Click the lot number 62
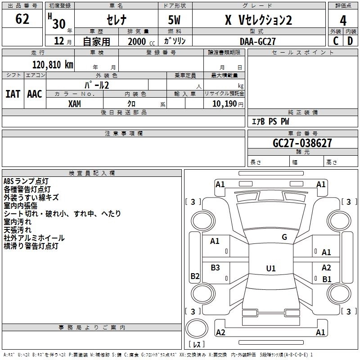click(x=22, y=20)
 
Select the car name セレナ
click(x=116, y=20)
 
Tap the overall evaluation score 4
click(x=343, y=20)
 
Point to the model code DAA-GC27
click(x=257, y=41)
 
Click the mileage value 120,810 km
click(x=53, y=65)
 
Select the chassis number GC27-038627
click(x=302, y=144)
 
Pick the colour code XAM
click(x=75, y=103)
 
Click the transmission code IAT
click(x=13, y=94)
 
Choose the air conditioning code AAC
click(x=35, y=94)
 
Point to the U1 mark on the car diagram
click(x=270, y=269)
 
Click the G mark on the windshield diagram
click(x=284, y=237)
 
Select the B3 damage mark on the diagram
click(x=215, y=268)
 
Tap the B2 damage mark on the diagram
click(x=195, y=276)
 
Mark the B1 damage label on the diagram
click(x=327, y=279)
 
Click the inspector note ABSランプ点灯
click(x=26, y=181)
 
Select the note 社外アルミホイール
click(x=34, y=238)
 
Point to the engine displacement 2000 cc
click(x=140, y=41)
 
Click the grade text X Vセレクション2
click(x=258, y=20)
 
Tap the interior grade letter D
click(x=350, y=41)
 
